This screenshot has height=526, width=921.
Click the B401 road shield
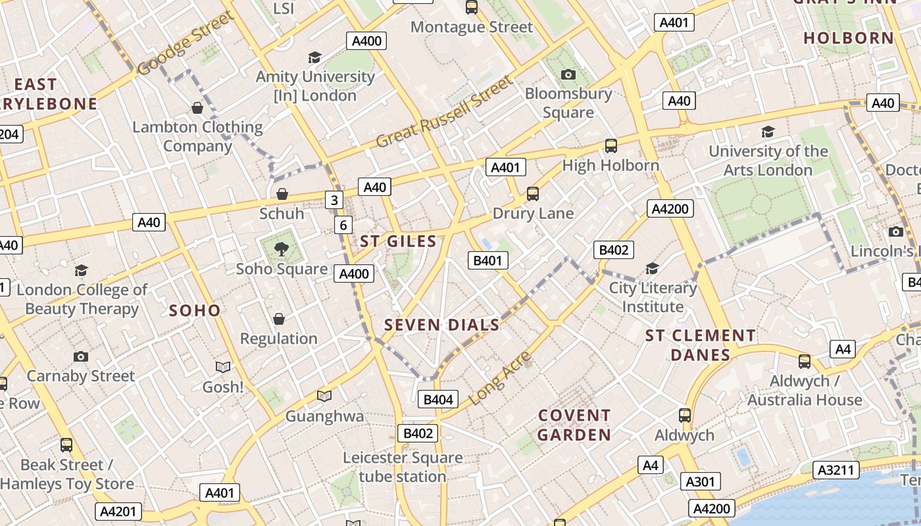[487, 260]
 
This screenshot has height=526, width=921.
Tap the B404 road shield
[438, 399]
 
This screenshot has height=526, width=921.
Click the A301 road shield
[700, 481]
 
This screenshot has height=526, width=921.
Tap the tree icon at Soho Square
[282, 249]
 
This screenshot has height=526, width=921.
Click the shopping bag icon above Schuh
[282, 194]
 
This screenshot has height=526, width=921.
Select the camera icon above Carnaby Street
[81, 356]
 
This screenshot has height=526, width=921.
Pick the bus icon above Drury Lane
[533, 194]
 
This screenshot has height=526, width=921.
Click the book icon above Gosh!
[223, 367]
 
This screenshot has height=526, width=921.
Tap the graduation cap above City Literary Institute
[652, 268]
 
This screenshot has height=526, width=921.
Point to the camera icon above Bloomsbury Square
[568, 74]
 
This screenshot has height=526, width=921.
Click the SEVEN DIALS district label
[441, 325]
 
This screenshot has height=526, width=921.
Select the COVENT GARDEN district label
[574, 425]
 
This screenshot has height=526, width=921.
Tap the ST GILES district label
[398, 241]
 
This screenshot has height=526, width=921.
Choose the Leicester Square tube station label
[403, 467]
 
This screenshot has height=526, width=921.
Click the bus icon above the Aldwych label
[685, 416]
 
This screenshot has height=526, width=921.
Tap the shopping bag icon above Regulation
[279, 319]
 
